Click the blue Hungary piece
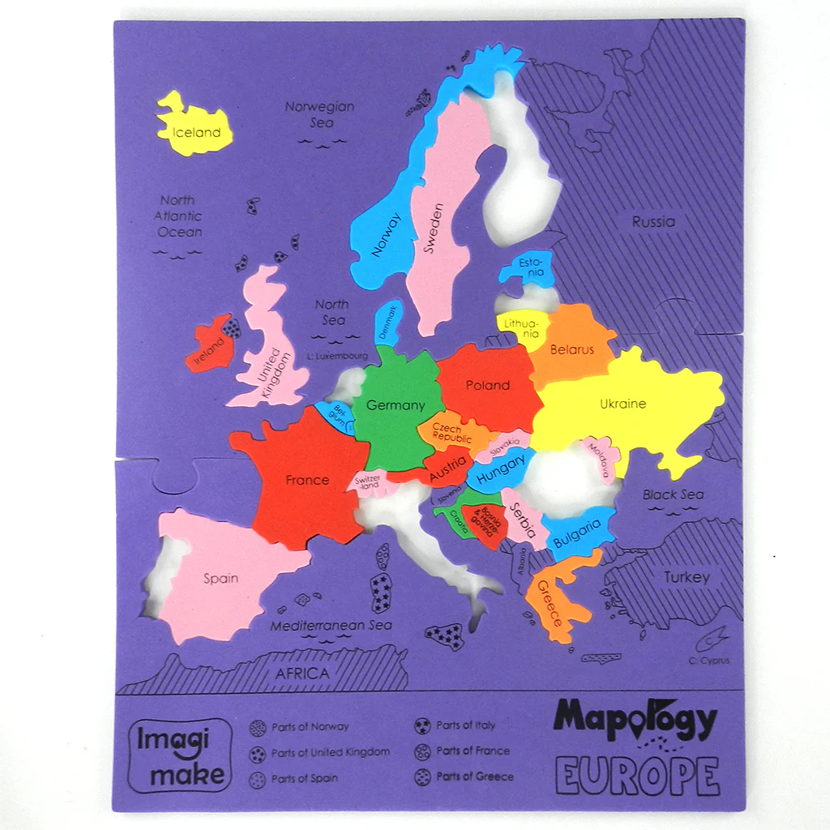coord(499,473)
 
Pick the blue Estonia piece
coord(530,267)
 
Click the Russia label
coord(653,221)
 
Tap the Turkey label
coord(687,577)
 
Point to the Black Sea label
coord(673,494)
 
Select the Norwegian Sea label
coord(320,114)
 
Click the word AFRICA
coord(302,673)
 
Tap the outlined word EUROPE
coord(637,777)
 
